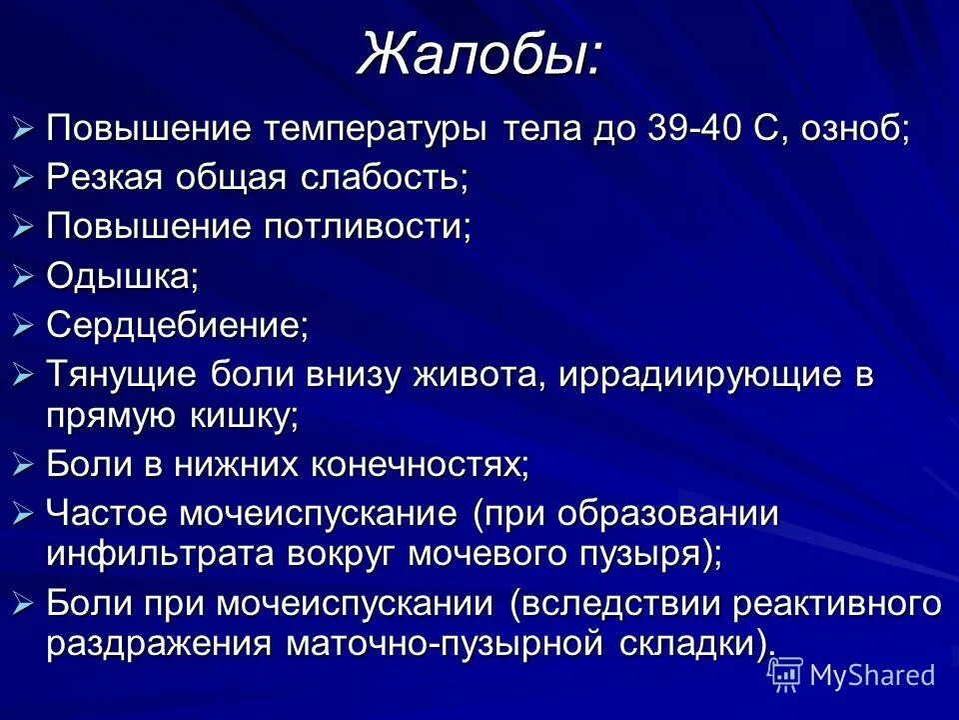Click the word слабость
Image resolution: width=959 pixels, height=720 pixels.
pyautogui.click(x=389, y=177)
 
